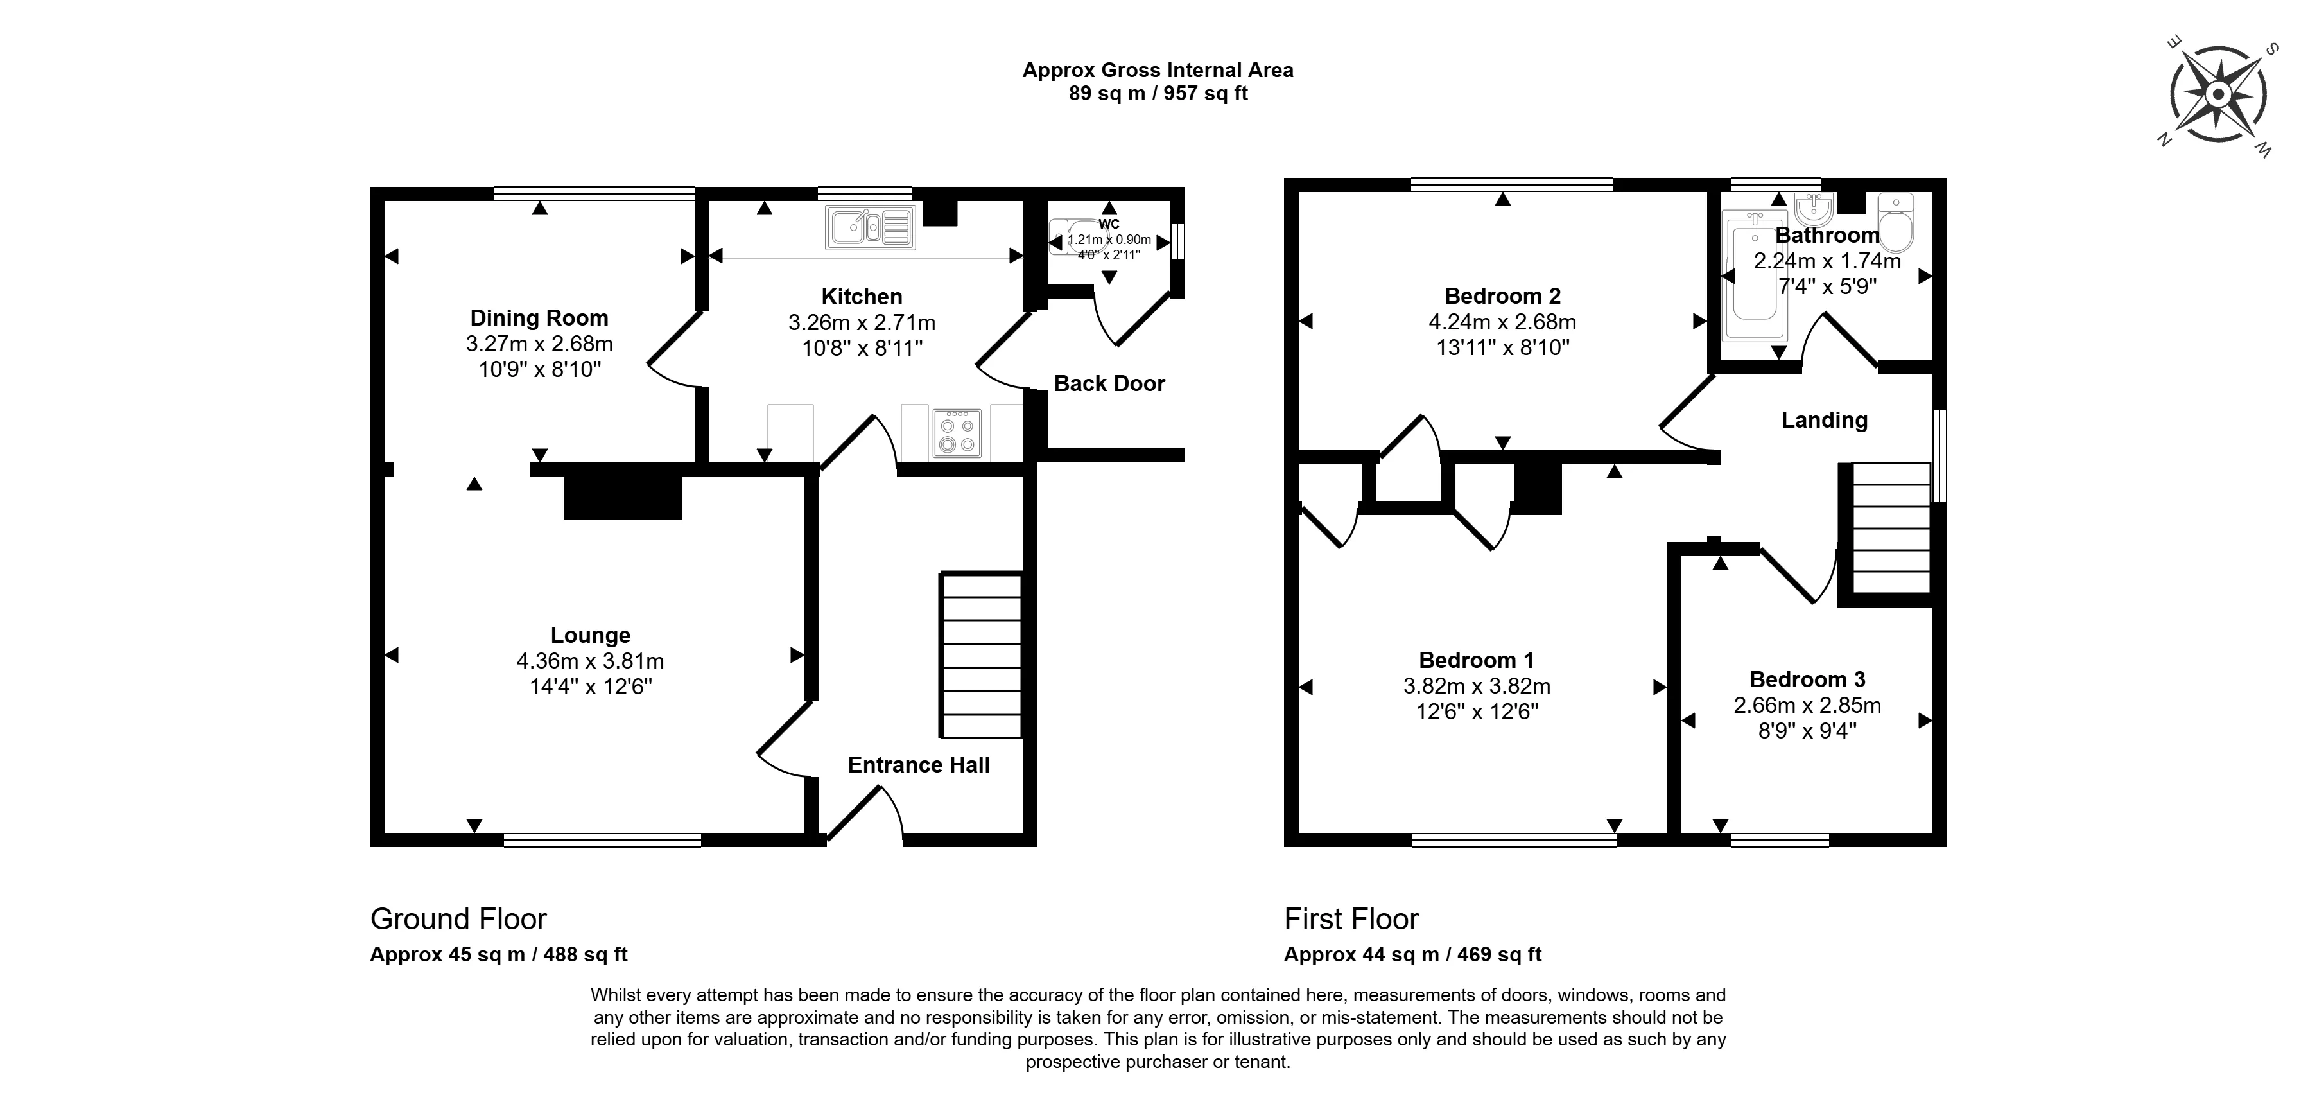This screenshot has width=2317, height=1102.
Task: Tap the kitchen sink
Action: (871, 227)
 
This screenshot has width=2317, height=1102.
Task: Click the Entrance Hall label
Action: (918, 765)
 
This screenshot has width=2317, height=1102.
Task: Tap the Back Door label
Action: (1109, 383)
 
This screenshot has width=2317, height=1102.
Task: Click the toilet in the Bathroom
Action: (1895, 223)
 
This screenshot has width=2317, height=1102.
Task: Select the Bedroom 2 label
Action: (1502, 296)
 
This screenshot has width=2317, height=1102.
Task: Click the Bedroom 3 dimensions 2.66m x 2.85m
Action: (1807, 705)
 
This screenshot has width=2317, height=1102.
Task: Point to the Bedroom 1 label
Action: (1476, 660)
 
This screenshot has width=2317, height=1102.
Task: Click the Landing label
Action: (1824, 420)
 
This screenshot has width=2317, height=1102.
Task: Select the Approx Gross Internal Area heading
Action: (1158, 70)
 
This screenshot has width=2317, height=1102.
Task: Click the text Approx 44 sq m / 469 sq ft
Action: (1412, 954)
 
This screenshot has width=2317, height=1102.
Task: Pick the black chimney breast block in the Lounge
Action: (622, 498)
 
